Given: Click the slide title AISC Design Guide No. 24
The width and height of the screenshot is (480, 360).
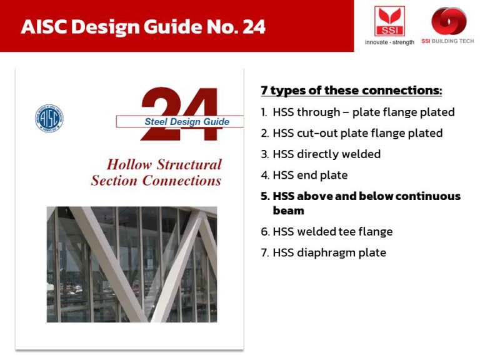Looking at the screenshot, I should tap(143, 27).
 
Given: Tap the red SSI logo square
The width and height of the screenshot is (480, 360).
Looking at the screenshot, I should tap(389, 21).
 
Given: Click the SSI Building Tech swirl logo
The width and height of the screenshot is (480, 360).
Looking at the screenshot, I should tap(449, 20).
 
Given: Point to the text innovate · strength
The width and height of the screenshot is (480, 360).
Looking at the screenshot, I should tap(389, 42).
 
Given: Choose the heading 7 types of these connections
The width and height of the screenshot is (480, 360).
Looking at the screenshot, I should tap(351, 91).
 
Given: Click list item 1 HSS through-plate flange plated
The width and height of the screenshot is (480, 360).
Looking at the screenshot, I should tap(357, 112).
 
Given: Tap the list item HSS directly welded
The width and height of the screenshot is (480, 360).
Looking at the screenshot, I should tap(321, 154).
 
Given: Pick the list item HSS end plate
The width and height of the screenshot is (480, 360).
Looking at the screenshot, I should tap(304, 175).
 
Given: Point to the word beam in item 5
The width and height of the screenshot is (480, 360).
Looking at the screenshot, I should tap(288, 211).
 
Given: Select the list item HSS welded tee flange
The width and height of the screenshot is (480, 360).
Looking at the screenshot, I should tap(327, 232).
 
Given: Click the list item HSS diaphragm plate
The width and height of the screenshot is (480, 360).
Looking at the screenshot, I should tap(324, 253).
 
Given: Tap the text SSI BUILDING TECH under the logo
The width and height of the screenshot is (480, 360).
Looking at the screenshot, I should tap(449, 41).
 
